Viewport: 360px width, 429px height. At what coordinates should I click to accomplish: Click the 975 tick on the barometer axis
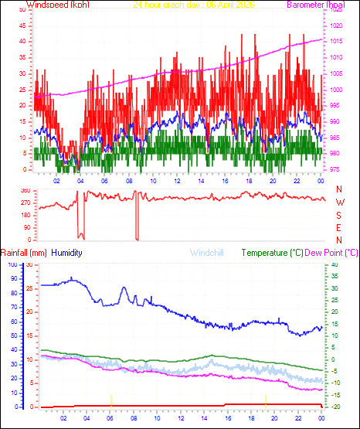coord(335,169)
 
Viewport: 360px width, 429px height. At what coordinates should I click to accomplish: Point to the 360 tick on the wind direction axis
coord(25,190)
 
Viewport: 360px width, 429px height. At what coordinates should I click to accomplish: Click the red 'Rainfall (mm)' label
coord(24,253)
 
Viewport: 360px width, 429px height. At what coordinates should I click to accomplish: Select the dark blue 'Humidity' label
coord(69,253)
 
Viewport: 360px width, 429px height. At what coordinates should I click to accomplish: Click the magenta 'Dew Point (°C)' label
coord(332,253)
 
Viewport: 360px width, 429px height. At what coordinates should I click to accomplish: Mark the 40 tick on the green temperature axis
coord(334,265)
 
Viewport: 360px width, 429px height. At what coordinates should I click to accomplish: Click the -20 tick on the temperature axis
coord(335,407)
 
